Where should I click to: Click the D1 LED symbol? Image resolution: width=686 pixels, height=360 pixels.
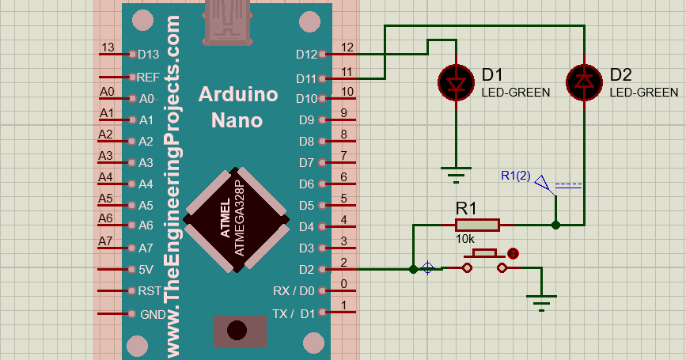[x=457, y=81]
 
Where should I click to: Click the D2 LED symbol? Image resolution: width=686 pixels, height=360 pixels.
[x=585, y=81]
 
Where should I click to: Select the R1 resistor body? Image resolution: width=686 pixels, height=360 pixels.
[x=476, y=225]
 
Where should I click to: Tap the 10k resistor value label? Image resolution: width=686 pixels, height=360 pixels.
[x=465, y=239]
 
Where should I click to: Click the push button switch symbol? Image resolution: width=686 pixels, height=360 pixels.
[x=484, y=262]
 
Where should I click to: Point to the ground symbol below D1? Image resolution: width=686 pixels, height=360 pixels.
[x=457, y=172]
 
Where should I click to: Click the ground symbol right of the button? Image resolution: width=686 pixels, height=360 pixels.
[x=542, y=301]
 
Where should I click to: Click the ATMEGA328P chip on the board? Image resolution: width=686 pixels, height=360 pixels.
[x=235, y=219]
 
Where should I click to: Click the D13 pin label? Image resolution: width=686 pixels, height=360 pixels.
[x=148, y=55]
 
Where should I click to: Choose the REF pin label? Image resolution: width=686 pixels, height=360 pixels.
[x=148, y=78]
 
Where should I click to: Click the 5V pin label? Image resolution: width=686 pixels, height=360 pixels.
[x=146, y=269]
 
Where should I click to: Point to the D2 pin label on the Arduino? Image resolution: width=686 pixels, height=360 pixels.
[x=305, y=269]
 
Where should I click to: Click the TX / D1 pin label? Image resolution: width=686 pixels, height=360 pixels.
[x=294, y=313]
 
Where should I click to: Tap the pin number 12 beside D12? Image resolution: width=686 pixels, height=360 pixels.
[x=347, y=47]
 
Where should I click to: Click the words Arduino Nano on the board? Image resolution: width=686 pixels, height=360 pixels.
[x=238, y=108]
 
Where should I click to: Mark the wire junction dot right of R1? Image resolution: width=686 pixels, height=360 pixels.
[x=556, y=225]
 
